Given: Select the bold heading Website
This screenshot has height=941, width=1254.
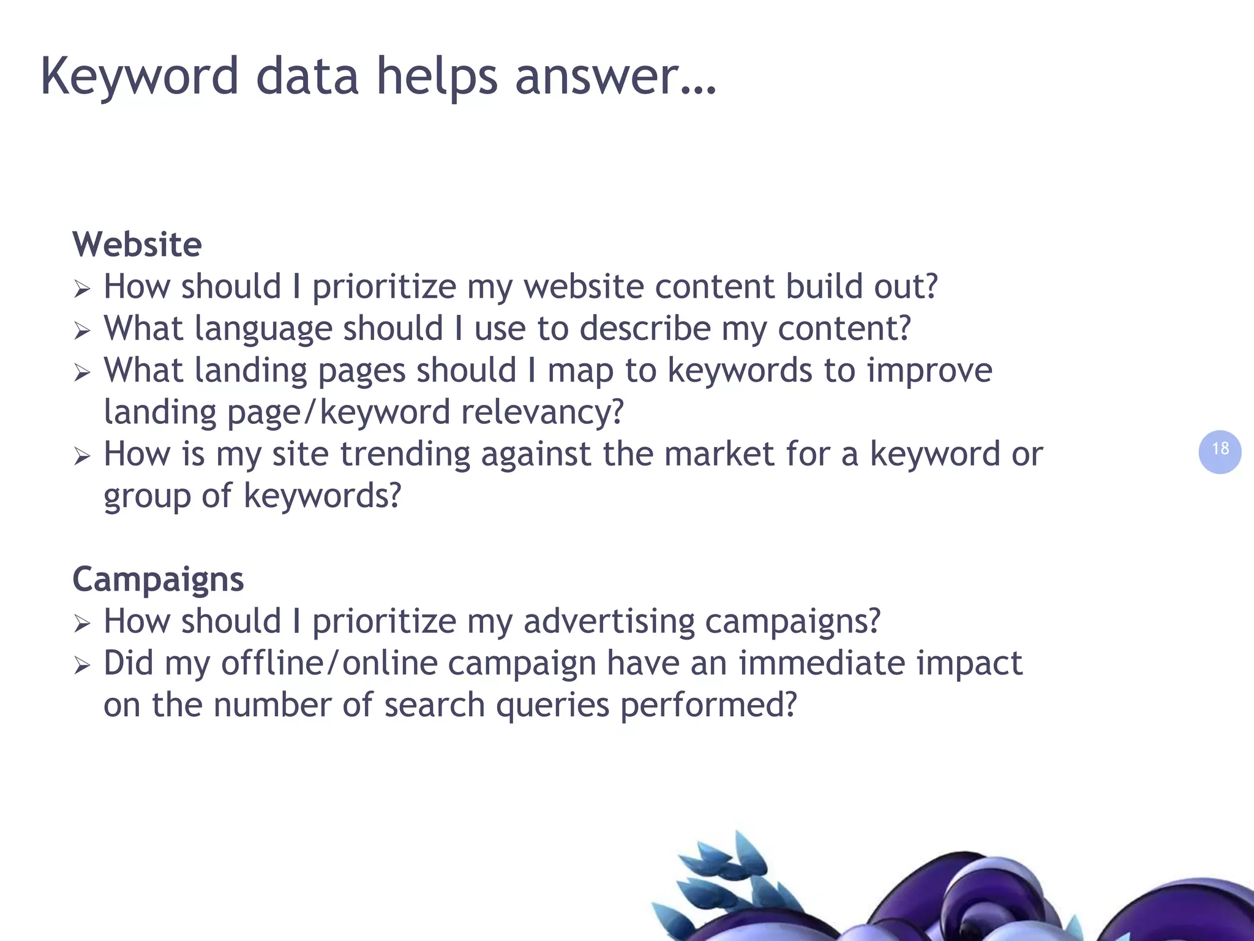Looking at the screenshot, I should pos(137,244).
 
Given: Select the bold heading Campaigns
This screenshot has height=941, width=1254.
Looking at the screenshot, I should pos(158,579).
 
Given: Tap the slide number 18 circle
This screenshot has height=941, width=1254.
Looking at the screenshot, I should pos(1220,452).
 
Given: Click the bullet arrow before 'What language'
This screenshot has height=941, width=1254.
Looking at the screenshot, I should pos(82,331).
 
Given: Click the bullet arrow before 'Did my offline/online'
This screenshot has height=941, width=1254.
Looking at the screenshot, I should pos(82,666).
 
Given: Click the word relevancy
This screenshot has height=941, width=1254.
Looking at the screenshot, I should pos(542,412).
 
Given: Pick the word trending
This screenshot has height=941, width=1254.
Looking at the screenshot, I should pos(405,454).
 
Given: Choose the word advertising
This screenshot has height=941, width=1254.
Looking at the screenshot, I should pos(609,621).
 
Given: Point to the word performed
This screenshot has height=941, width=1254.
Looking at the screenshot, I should pos(708,705).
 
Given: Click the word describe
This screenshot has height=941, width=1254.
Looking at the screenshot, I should pos(645,329).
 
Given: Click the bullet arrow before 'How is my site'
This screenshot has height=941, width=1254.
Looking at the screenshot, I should pos(82,456).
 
